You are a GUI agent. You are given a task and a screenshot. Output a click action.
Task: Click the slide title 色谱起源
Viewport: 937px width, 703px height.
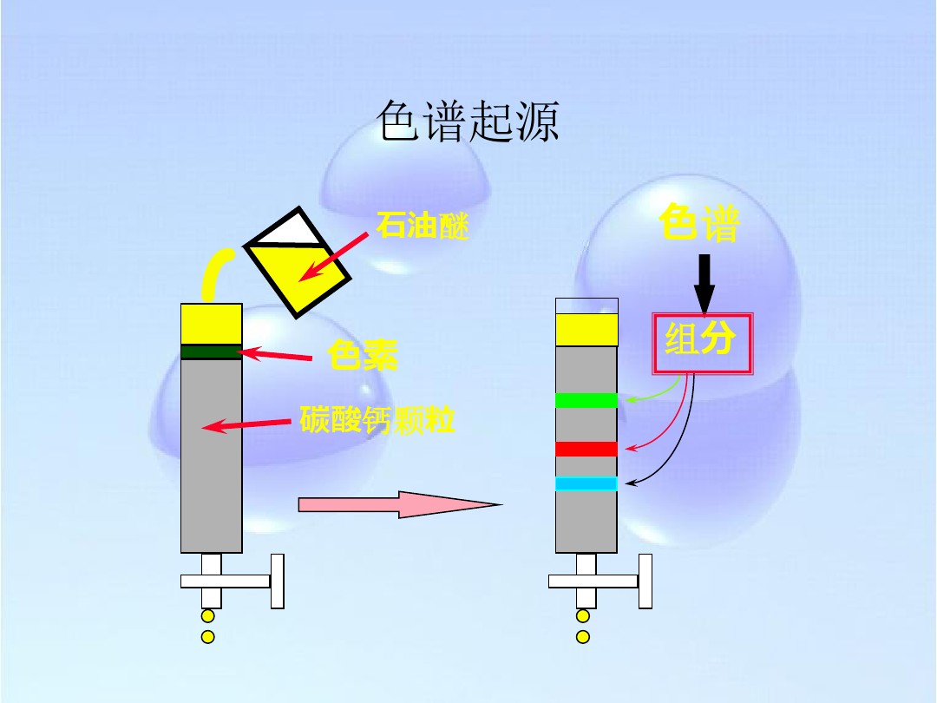(x=468, y=122)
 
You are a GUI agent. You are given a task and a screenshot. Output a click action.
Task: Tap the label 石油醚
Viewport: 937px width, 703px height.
(x=423, y=227)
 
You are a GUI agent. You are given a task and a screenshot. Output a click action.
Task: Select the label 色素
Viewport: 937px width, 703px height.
(x=362, y=355)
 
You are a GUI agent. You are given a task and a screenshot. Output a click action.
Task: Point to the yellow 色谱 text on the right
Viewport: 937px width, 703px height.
(x=699, y=223)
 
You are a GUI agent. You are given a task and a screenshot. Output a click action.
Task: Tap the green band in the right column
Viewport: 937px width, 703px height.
(x=586, y=400)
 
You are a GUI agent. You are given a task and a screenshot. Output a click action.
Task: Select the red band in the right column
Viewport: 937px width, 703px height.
(x=586, y=449)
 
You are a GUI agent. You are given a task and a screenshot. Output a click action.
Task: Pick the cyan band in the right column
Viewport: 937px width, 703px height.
(x=586, y=483)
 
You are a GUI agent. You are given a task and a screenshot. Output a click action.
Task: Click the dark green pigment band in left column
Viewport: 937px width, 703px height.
(x=211, y=351)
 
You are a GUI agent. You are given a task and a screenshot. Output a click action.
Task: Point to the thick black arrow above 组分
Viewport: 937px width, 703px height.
(x=704, y=283)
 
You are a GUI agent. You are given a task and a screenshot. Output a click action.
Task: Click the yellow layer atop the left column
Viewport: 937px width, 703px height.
(x=211, y=324)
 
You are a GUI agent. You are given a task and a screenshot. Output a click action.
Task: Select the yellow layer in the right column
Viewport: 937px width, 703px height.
(x=586, y=330)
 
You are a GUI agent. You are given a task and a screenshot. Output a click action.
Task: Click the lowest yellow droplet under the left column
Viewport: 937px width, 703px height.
(x=207, y=637)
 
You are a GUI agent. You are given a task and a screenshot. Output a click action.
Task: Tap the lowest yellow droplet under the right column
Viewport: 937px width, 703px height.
(x=583, y=637)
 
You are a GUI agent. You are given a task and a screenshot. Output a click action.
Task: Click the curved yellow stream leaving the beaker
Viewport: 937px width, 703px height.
(x=213, y=273)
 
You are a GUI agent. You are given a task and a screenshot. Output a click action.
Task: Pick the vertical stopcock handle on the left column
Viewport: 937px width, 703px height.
(x=278, y=581)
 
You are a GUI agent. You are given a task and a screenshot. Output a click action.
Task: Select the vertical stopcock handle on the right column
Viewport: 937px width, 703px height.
(x=645, y=581)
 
